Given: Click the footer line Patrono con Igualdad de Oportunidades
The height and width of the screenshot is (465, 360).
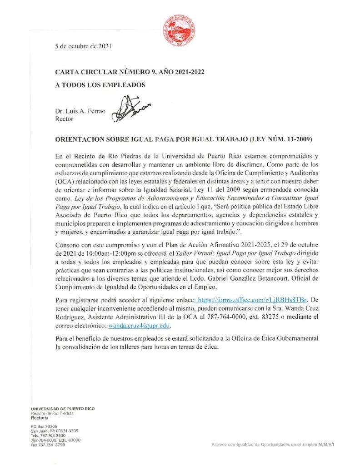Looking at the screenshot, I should click(x=273, y=444).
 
